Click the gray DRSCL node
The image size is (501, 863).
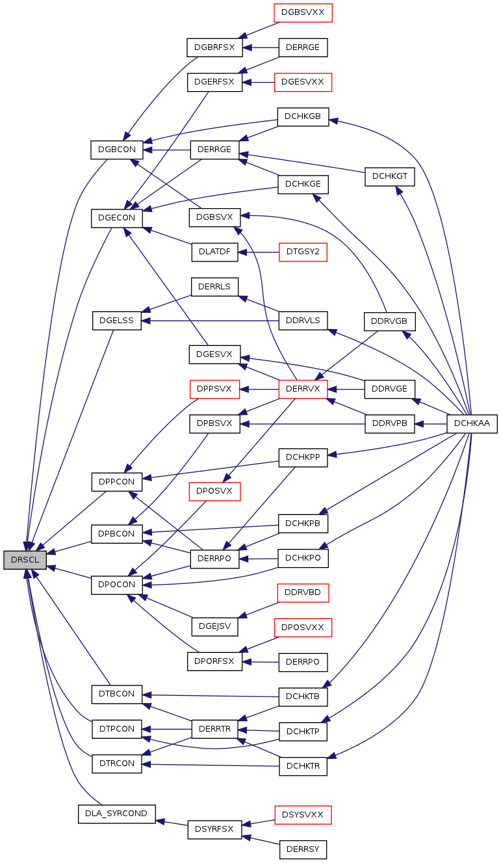pyautogui.click(x=25, y=559)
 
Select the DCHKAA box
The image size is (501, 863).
pyautogui.click(x=472, y=423)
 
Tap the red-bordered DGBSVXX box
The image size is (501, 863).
pyautogui.click(x=303, y=12)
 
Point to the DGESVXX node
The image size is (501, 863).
pyautogui.click(x=303, y=82)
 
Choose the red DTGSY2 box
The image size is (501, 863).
pyautogui.click(x=303, y=252)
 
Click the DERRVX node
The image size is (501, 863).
pyautogui.click(x=303, y=389)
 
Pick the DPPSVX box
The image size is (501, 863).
pyautogui.click(x=214, y=389)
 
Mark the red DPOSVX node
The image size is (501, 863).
pyautogui.click(x=214, y=491)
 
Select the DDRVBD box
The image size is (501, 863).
pyautogui.click(x=303, y=592)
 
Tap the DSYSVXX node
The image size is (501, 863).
pyautogui.click(x=303, y=814)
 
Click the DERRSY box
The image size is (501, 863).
pyautogui.click(x=303, y=849)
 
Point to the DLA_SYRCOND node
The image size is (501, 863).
pyautogui.click(x=117, y=814)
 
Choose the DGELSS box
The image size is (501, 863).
pyautogui.click(x=117, y=320)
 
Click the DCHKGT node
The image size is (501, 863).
pyautogui.click(x=389, y=176)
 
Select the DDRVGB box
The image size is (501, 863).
pyautogui.click(x=389, y=321)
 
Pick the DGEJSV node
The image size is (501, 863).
pyautogui.click(x=214, y=626)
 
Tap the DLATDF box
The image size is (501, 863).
pyautogui.click(x=214, y=252)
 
